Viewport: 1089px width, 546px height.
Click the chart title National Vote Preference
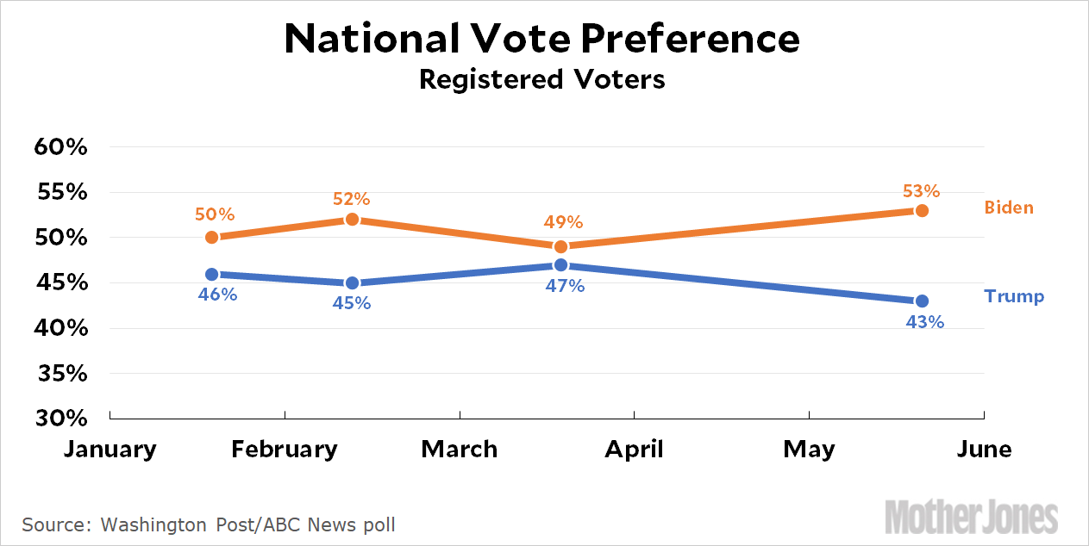[542, 39]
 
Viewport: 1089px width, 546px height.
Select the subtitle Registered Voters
[542, 79]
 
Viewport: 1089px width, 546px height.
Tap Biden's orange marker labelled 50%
[212, 238]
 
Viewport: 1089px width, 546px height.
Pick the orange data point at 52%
[352, 220]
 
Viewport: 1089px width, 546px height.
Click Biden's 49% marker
[560, 246]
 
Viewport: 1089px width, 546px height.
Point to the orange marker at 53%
[922, 210]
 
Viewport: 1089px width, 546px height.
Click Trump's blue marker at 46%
[212, 274]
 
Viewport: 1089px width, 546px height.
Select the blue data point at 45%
[352, 283]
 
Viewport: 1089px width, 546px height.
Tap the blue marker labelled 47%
[560, 265]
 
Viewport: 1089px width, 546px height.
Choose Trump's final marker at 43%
[922, 301]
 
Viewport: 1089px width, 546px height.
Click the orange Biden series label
[1009, 208]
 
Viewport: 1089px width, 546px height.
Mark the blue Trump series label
[1014, 297]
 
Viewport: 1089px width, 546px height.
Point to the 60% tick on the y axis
[61, 147]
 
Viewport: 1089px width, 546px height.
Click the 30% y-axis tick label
[61, 419]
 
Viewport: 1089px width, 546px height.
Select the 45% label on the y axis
[61, 283]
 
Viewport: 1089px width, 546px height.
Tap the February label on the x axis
[285, 450]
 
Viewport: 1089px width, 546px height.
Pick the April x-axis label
[634, 450]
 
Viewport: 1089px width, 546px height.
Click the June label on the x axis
[984, 450]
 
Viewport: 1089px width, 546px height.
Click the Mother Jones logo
[971, 518]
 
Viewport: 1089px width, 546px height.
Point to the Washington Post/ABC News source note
[209, 524]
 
